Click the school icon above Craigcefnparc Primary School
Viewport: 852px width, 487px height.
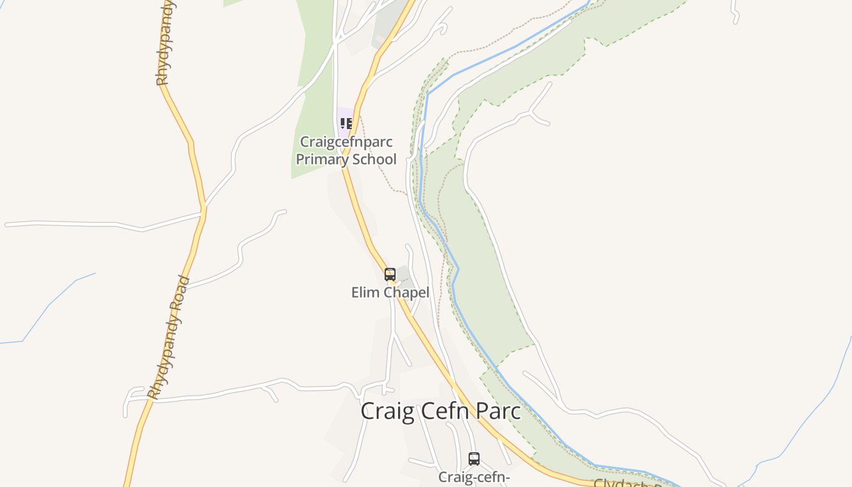(346, 124)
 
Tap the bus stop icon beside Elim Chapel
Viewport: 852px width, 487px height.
(390, 275)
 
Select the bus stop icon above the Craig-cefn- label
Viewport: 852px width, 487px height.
(474, 459)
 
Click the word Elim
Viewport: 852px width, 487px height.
(363, 293)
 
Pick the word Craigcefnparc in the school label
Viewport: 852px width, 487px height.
(346, 142)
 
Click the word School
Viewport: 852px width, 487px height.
(372, 159)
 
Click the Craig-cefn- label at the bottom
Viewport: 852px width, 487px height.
(474, 477)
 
